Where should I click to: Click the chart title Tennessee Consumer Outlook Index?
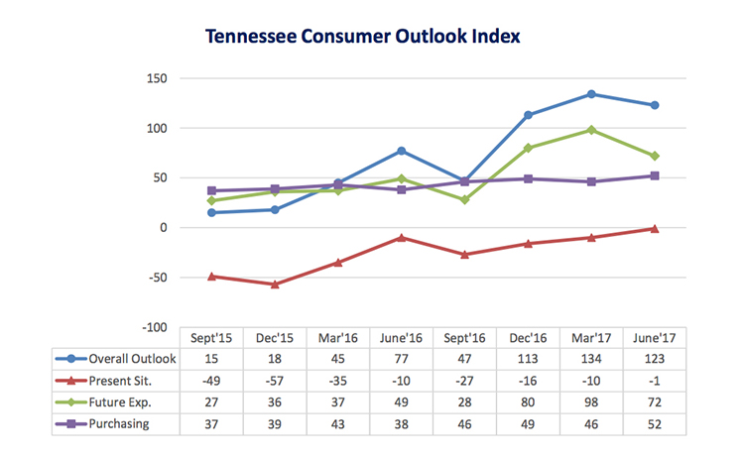click(363, 37)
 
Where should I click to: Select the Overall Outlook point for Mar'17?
click(591, 94)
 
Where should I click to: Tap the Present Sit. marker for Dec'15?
click(275, 285)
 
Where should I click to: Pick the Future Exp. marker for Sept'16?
click(464, 200)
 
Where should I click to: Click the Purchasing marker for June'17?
click(655, 175)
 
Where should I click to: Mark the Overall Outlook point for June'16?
click(402, 151)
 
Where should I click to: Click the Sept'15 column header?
click(210, 337)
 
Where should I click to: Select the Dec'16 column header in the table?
click(528, 337)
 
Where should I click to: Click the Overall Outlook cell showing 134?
click(591, 359)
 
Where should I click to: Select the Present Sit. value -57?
click(275, 381)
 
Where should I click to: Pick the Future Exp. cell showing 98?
click(591, 402)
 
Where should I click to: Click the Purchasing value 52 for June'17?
click(655, 424)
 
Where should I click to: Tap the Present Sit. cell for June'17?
click(655, 381)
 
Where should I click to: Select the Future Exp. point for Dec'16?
click(528, 148)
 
